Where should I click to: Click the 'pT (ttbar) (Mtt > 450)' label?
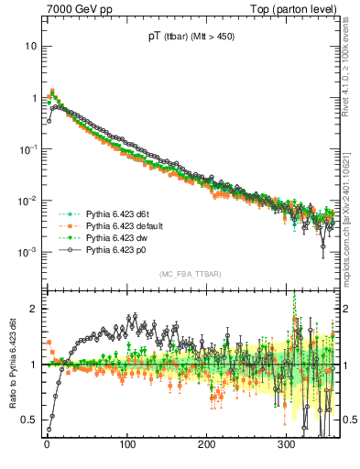point(190,38)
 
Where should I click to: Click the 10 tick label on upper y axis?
point(32,46)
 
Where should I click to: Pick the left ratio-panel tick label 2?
point(35,309)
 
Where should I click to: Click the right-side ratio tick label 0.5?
point(348,420)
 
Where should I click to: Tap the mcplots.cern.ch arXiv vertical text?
point(351,212)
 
